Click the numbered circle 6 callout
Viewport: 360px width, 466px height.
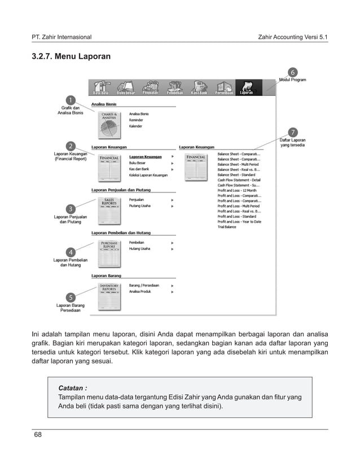(x=292, y=72)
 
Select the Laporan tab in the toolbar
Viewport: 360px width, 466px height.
(x=246, y=87)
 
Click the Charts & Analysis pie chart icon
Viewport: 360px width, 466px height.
(x=110, y=124)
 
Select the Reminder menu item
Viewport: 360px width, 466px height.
(x=136, y=120)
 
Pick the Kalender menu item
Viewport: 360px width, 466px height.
(x=136, y=126)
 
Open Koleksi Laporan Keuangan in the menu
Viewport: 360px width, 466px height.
(x=148, y=175)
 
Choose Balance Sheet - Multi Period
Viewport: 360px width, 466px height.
(x=239, y=164)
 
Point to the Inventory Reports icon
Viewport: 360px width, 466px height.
(x=110, y=297)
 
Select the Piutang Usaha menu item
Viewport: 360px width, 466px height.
(x=140, y=206)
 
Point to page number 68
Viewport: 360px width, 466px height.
(x=38, y=434)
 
